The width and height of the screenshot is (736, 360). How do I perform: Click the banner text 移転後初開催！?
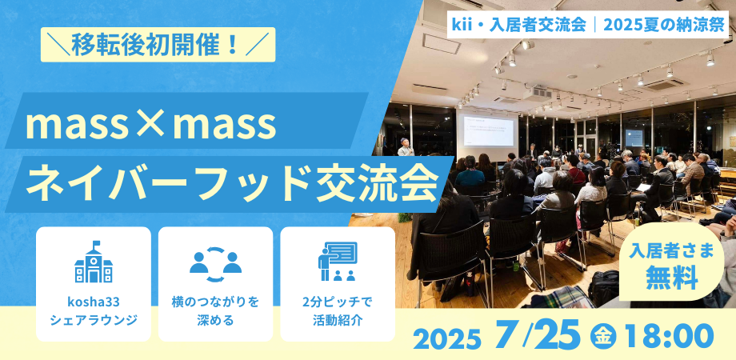[158, 45]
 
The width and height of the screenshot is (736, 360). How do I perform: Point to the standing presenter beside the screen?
[406, 147]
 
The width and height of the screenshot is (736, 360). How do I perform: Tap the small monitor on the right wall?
[634, 138]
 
